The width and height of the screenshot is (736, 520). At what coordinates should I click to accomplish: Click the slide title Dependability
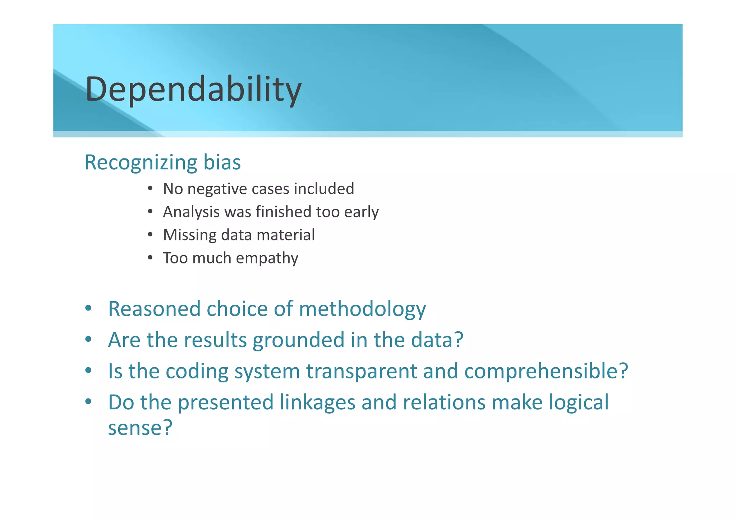[x=193, y=89]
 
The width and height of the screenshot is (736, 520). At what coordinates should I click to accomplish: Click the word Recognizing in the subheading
[x=141, y=162]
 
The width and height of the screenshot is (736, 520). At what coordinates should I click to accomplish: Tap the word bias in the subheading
[x=222, y=162]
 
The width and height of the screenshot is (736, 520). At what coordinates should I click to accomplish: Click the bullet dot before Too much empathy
[x=150, y=258]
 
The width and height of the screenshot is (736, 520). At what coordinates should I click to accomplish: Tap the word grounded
[x=298, y=340]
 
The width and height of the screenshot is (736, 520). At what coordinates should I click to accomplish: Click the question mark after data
[x=458, y=340]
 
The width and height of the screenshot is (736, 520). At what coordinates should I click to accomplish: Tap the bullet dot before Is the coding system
[x=88, y=371]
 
